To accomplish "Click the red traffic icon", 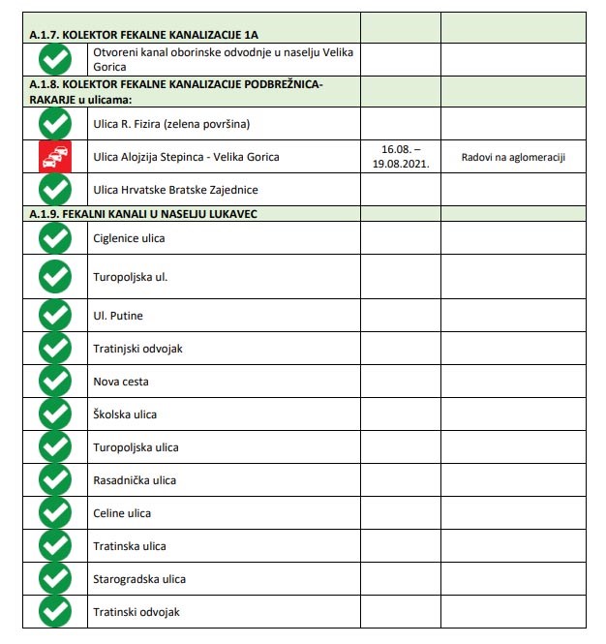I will [x=54, y=157].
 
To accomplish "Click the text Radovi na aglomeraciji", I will [x=513, y=157].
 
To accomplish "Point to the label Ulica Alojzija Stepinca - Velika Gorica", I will [x=186, y=157].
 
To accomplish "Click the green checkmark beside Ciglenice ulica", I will [x=54, y=238].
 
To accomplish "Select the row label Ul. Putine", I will [x=118, y=316].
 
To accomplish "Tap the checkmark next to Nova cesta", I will [x=54, y=382].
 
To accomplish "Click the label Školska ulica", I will [x=125, y=414].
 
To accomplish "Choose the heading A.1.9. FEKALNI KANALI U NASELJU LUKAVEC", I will [x=142, y=213].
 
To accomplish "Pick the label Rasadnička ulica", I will [x=135, y=480].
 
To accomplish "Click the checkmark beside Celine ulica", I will [x=54, y=513].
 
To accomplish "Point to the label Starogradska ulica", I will [x=138, y=579].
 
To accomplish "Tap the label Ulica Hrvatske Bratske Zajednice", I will [x=175, y=190].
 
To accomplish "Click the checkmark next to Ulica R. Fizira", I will [x=54, y=124].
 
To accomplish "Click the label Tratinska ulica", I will [x=129, y=546].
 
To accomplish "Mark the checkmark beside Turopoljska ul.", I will [x=54, y=277].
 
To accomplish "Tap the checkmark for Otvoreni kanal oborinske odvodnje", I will [x=54, y=60].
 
